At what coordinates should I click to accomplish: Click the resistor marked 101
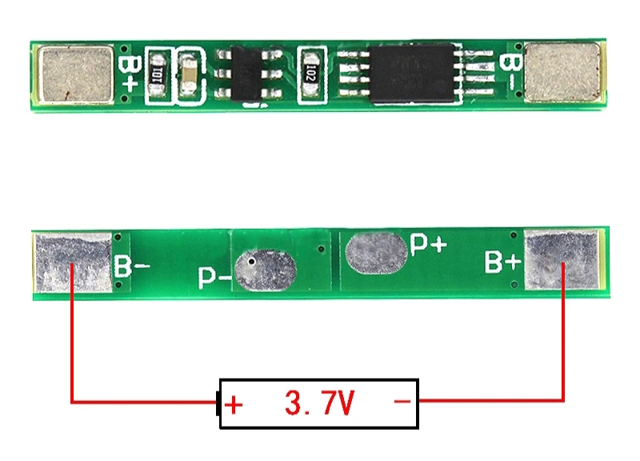tap(158, 74)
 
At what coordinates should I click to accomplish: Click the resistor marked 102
tap(310, 74)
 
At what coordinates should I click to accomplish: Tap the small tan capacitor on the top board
tap(189, 75)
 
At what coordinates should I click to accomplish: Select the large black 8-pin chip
tap(411, 73)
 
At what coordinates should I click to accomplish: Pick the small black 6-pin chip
tap(246, 74)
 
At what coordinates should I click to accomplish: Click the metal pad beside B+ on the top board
tap(76, 74)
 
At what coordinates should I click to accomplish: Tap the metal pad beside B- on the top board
tap(562, 72)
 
